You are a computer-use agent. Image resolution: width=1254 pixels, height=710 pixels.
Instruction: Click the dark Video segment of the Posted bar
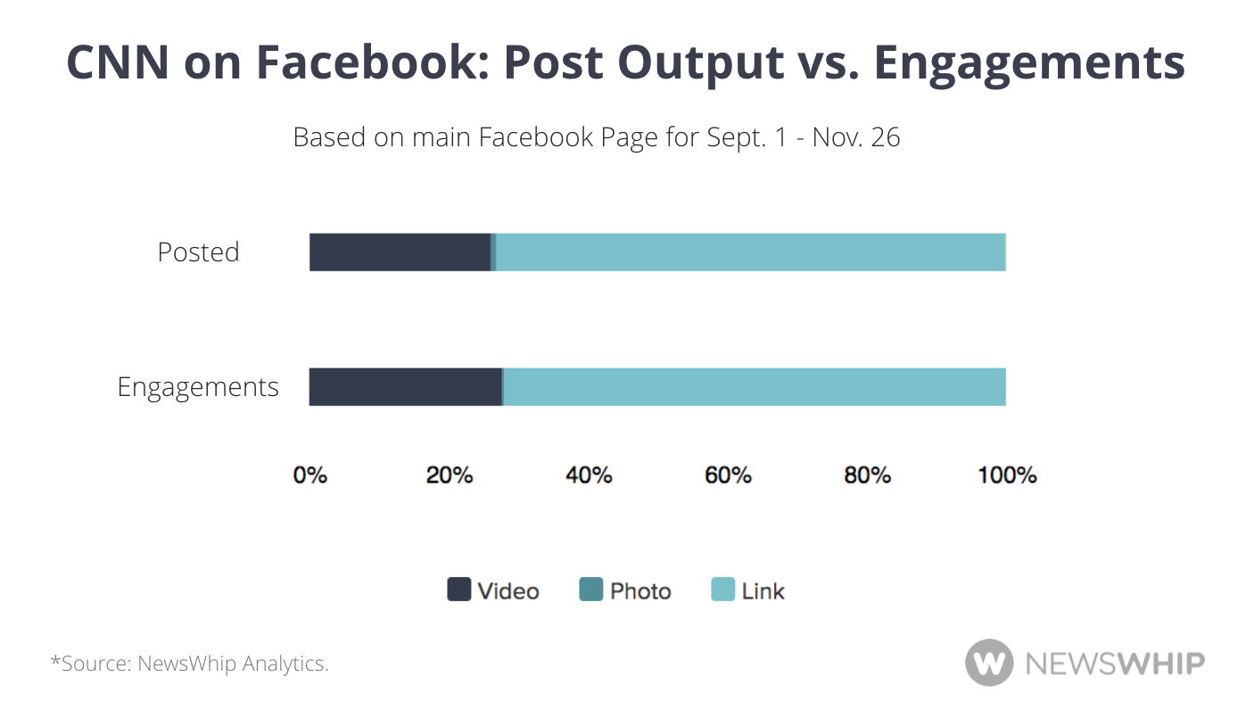pyautogui.click(x=400, y=252)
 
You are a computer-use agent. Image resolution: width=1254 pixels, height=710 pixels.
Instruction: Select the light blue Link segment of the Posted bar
pyautogui.click(x=749, y=252)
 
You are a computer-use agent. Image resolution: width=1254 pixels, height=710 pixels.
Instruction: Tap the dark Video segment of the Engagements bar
pyautogui.click(x=405, y=387)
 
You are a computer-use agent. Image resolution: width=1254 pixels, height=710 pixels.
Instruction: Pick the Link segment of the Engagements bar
pyautogui.click(x=755, y=387)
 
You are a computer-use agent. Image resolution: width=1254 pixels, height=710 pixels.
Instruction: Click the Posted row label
pyautogui.click(x=198, y=252)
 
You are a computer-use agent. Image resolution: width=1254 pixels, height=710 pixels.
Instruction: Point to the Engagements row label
pyautogui.click(x=198, y=387)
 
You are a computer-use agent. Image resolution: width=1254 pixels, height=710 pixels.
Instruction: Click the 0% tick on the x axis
pyautogui.click(x=310, y=475)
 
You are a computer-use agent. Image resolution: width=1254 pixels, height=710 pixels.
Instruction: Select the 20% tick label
pyautogui.click(x=450, y=475)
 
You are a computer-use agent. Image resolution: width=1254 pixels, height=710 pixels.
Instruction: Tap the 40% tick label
pyautogui.click(x=589, y=475)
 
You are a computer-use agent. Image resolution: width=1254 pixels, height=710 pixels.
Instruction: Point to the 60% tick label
pyautogui.click(x=728, y=475)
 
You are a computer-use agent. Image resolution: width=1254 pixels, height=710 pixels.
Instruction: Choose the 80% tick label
pyautogui.click(x=867, y=475)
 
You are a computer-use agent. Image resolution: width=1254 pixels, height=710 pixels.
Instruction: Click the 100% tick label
pyautogui.click(x=1007, y=475)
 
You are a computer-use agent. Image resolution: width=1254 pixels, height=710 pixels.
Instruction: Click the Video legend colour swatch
pyautogui.click(x=458, y=590)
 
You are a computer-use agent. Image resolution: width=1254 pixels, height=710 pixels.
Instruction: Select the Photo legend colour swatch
pyautogui.click(x=591, y=590)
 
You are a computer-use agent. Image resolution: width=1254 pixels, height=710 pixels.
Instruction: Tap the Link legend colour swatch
pyautogui.click(x=722, y=590)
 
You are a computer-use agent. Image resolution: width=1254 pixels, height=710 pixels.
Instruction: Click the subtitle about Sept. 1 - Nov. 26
pyautogui.click(x=597, y=137)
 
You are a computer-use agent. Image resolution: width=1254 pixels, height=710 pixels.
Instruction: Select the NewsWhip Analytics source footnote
pyautogui.click(x=189, y=664)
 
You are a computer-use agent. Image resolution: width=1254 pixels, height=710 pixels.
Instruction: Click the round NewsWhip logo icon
pyautogui.click(x=989, y=663)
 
